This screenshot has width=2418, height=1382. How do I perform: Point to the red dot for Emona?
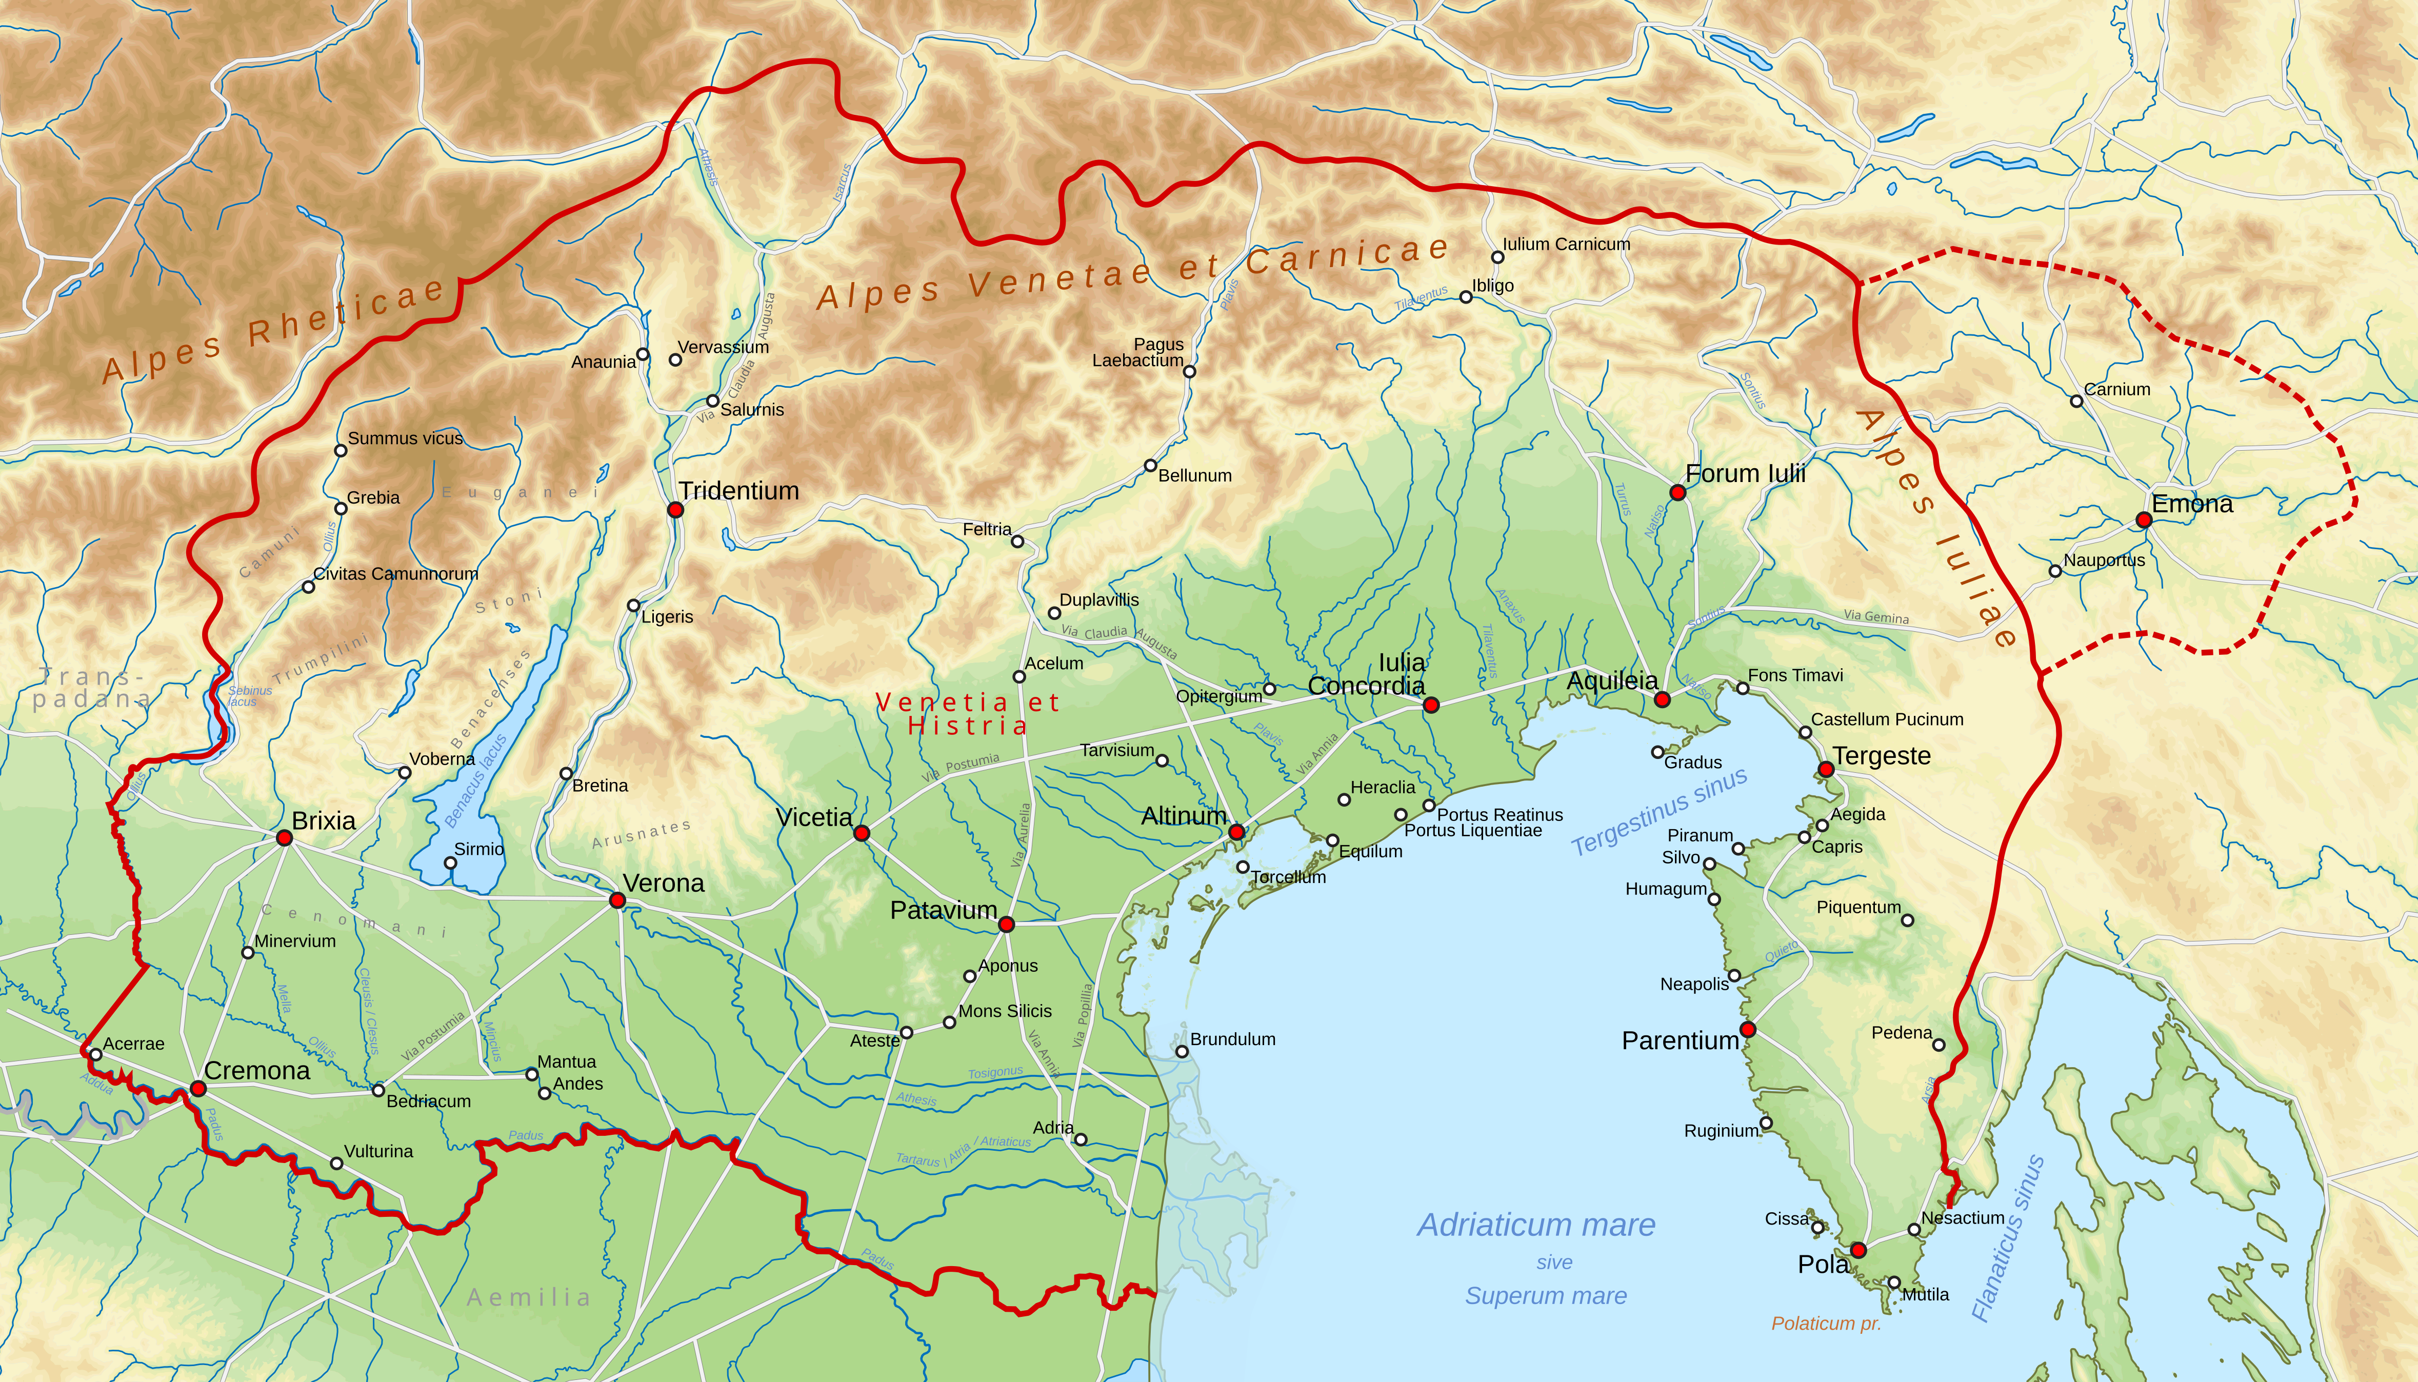2143,519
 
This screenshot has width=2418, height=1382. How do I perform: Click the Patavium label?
943,910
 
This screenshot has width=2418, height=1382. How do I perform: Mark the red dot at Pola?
1858,1250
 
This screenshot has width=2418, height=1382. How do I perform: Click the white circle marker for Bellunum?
1150,465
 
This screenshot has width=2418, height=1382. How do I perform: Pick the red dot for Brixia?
284,837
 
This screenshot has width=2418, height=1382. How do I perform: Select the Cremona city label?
256,1071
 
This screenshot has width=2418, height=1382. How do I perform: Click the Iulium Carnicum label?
1566,244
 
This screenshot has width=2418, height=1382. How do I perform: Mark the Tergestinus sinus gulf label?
1659,812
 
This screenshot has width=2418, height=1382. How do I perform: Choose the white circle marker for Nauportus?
2054,570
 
